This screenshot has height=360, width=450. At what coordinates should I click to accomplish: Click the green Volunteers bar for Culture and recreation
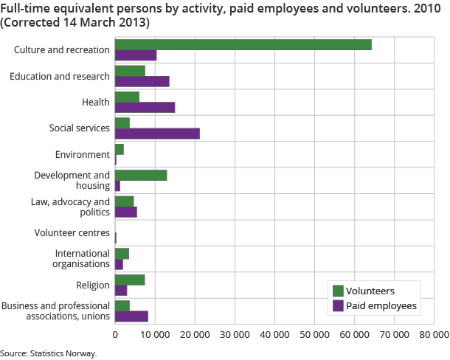tap(243, 44)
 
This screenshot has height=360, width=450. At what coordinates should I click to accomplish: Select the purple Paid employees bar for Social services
tap(157, 134)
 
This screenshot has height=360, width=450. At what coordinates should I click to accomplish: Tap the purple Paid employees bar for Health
tap(145, 107)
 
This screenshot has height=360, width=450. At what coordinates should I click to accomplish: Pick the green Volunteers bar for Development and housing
tap(141, 175)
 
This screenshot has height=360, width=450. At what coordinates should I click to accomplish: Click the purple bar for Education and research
tap(142, 81)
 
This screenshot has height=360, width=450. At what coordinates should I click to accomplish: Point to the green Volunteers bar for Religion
tap(130, 280)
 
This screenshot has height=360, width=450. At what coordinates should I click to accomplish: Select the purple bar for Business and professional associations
tap(131, 316)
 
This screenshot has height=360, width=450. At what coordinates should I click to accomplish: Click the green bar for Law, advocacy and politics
tap(124, 201)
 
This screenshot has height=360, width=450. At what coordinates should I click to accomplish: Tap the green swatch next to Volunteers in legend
tap(339, 291)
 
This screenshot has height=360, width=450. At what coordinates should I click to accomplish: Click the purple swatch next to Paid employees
tap(339, 305)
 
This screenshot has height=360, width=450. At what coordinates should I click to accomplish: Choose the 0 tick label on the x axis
tap(115, 334)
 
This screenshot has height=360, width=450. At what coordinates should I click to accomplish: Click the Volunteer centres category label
tap(72, 233)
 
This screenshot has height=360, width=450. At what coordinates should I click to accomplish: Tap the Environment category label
tap(83, 154)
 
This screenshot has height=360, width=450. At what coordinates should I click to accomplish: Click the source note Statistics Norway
tap(49, 353)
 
